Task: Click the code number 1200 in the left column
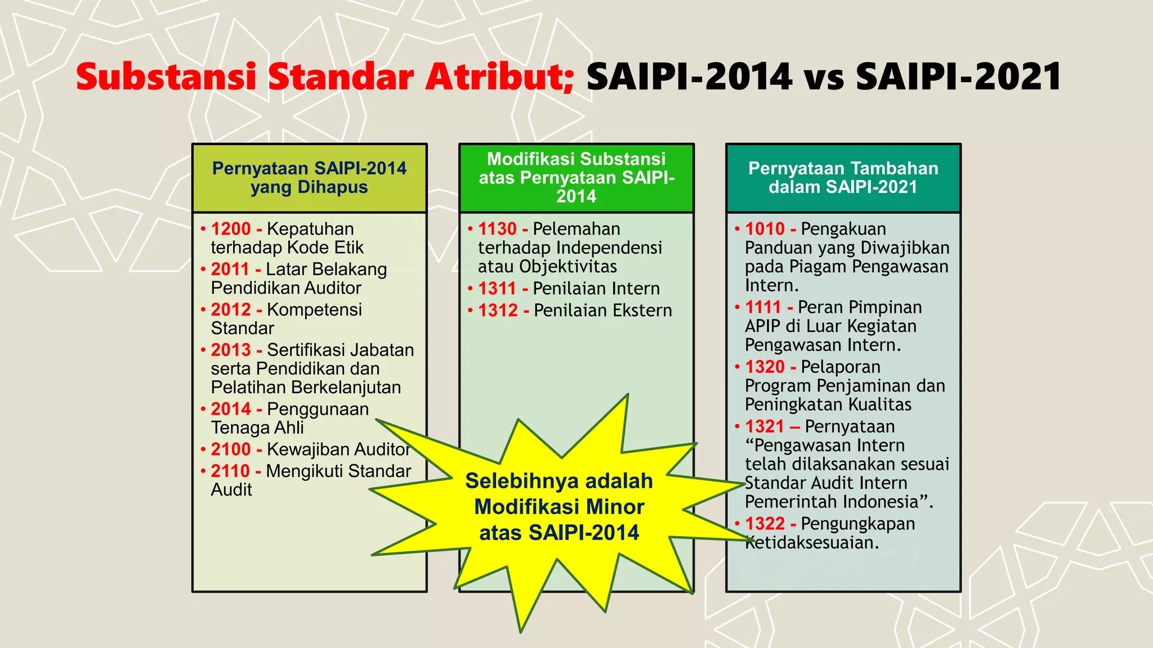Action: click(x=231, y=229)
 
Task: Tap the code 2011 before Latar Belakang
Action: click(x=230, y=269)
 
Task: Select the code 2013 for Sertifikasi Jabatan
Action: click(x=231, y=350)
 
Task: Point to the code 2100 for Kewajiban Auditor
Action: click(x=231, y=449)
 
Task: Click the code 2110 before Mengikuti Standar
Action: click(x=230, y=471)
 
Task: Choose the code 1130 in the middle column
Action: click(x=497, y=229)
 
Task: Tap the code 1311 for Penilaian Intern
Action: click(x=497, y=289)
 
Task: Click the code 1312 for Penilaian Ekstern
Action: click(x=498, y=310)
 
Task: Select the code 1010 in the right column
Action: click(x=765, y=229)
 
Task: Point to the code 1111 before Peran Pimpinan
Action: click(x=763, y=307)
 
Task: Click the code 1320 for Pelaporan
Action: click(x=765, y=367)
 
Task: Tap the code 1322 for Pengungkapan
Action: click(x=765, y=524)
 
